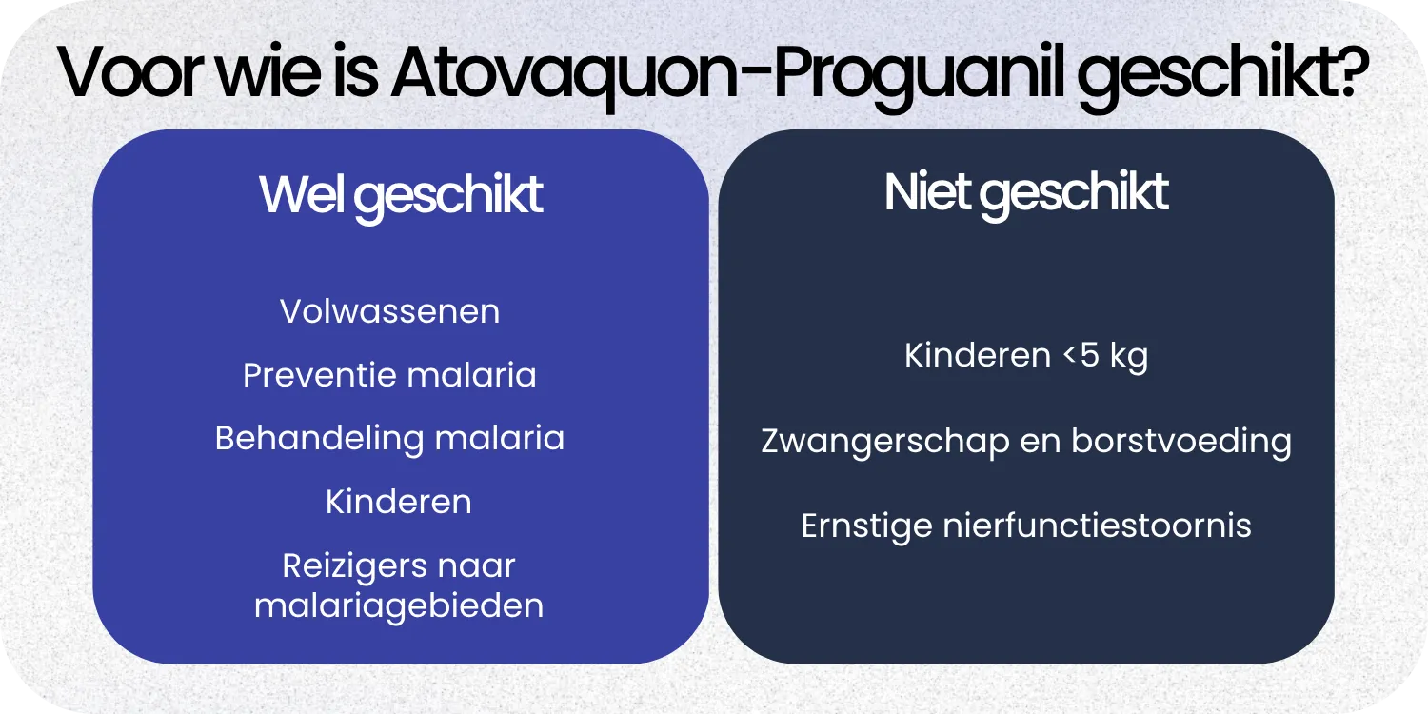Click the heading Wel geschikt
[x=401, y=196]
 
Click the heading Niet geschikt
[x=1026, y=193]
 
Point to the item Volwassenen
[x=389, y=311]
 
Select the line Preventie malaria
[x=389, y=375]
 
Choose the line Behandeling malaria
[x=389, y=438]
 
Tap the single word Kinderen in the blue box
[x=398, y=502]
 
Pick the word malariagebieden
[x=399, y=605]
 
